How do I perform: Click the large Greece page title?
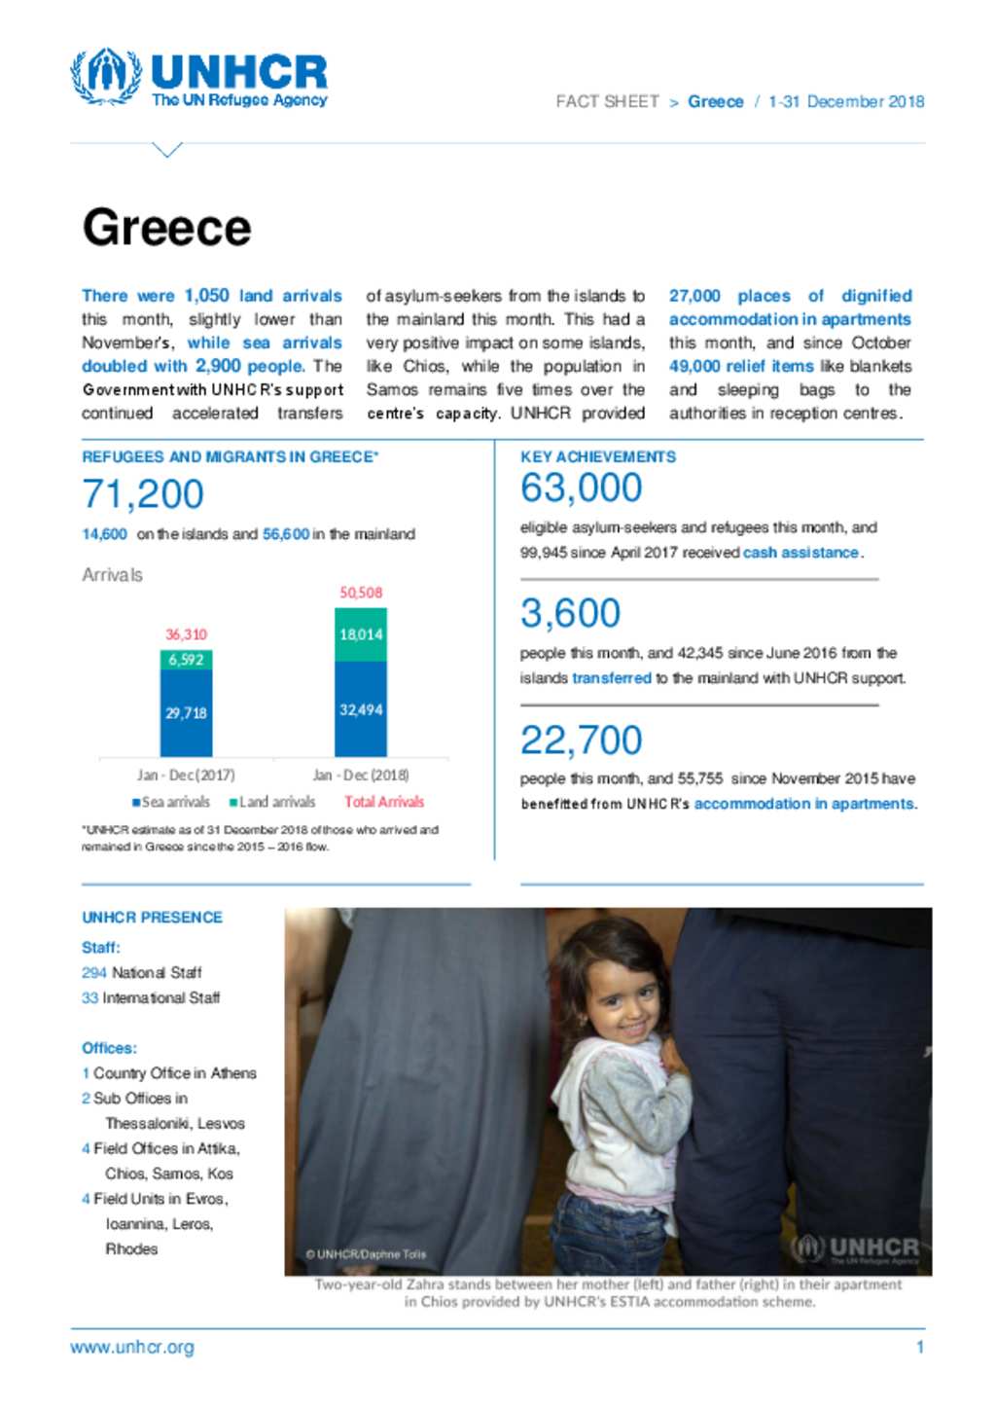click(166, 228)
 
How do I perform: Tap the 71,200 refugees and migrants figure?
click(143, 494)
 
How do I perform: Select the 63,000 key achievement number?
click(581, 488)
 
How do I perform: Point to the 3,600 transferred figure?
click(570, 613)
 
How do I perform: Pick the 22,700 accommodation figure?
click(581, 741)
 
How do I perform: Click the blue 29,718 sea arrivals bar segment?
click(186, 713)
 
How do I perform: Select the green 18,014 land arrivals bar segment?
click(361, 634)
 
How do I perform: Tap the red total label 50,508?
click(361, 593)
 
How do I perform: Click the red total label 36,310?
click(186, 634)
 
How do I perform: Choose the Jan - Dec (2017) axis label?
click(186, 776)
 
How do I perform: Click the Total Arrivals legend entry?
click(384, 802)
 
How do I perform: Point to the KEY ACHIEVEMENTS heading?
click(598, 456)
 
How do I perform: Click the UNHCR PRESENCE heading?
click(152, 918)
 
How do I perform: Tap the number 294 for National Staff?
click(93, 972)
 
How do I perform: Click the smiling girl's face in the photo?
click(617, 999)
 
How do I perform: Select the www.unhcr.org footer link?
click(132, 1348)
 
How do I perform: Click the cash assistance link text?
click(800, 553)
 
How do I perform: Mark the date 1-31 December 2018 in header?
click(846, 101)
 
